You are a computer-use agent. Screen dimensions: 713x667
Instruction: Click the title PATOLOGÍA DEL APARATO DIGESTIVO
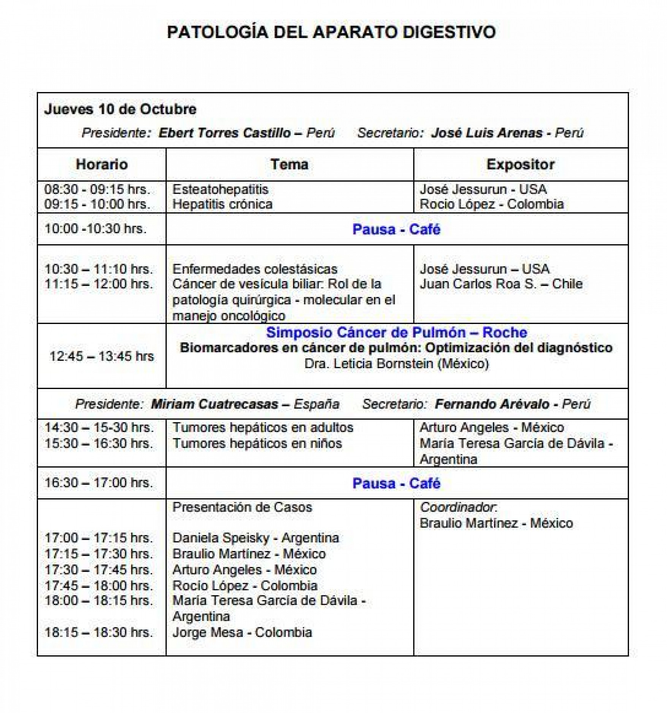tap(331, 32)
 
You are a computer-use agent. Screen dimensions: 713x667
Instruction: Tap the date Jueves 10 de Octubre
tap(120, 109)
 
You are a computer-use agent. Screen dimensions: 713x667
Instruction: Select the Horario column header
tap(101, 164)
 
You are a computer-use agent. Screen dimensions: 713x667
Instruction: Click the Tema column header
tap(289, 164)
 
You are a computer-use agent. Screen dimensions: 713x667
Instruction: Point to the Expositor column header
tap(520, 164)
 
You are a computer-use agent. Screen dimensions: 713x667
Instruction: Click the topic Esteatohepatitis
tap(220, 189)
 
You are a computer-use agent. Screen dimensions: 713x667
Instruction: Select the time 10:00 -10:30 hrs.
tap(95, 229)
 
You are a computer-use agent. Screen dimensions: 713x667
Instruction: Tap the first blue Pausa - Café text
tap(396, 229)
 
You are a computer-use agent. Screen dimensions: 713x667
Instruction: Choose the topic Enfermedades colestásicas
tap(255, 269)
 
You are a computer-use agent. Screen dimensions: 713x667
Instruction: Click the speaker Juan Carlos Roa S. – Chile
tap(501, 284)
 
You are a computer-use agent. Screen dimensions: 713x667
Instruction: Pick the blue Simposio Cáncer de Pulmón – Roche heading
tap(396, 332)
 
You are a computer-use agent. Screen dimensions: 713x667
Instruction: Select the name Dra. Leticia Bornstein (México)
tap(396, 364)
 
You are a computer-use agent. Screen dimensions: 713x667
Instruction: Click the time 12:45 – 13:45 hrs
tap(101, 356)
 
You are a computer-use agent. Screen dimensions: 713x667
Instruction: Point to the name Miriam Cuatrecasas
tap(214, 404)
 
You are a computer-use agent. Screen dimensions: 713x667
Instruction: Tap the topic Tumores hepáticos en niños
tap(257, 443)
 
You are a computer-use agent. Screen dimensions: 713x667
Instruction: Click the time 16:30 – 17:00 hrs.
tap(99, 483)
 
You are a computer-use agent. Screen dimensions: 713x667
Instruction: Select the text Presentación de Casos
tap(242, 507)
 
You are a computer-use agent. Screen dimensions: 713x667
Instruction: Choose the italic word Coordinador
tap(458, 507)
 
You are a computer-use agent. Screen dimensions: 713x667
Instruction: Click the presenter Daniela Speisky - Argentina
tap(255, 538)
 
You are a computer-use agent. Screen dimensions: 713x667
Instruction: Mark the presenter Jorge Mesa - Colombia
tap(242, 632)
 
